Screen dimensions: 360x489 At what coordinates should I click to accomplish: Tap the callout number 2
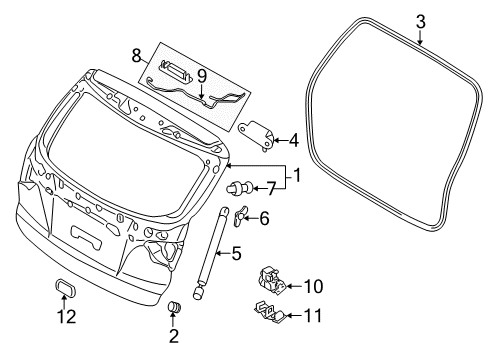click(172, 336)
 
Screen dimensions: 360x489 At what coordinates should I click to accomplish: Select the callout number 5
click(236, 254)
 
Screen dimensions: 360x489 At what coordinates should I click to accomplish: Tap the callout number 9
click(200, 74)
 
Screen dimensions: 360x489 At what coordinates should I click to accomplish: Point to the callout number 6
click(264, 218)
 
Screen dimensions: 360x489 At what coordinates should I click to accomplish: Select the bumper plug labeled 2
click(171, 305)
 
